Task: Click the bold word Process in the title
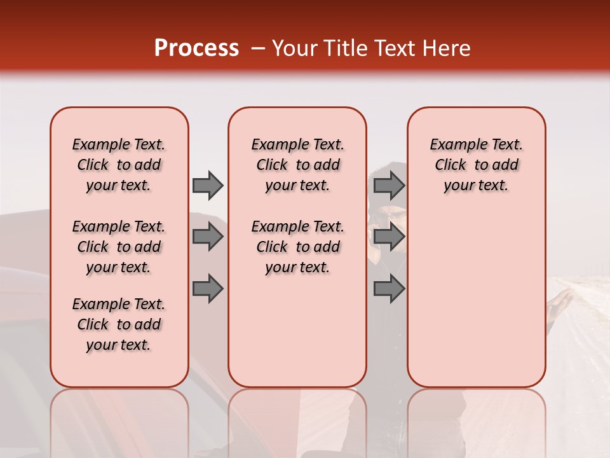tap(196, 48)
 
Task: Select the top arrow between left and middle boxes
tap(208, 185)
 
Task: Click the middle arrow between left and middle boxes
tap(208, 237)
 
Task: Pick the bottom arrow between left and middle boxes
tap(208, 289)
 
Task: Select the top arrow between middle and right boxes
tap(389, 185)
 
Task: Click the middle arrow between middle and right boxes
tap(389, 237)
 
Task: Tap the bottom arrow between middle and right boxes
tap(389, 289)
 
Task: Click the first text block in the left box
tap(119, 165)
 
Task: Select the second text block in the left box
tap(119, 247)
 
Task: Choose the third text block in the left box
tap(119, 324)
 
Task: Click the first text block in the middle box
tap(297, 165)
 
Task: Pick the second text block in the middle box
tap(297, 247)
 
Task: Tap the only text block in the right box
tap(476, 165)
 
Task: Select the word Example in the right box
tap(453, 145)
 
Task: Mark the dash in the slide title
tap(257, 48)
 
